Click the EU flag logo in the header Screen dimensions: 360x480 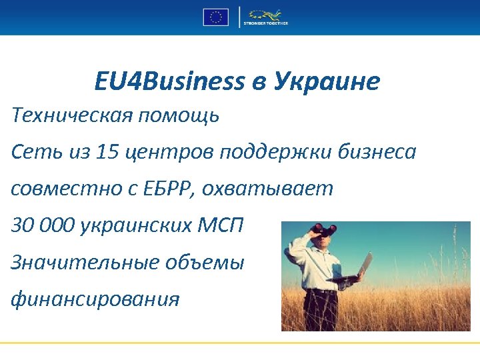215,17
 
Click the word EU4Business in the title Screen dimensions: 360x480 169,81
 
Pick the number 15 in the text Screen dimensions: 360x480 107,152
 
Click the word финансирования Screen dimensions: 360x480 95,299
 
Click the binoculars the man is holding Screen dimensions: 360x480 326,231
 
